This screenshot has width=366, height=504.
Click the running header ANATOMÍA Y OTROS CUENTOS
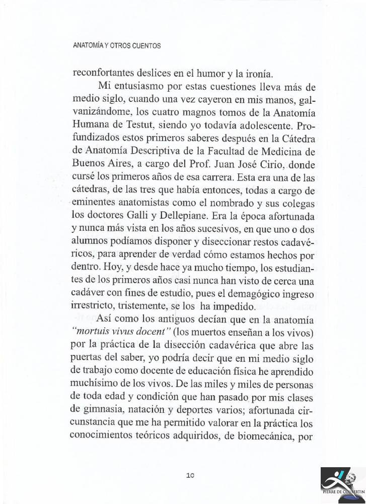pos(117,46)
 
